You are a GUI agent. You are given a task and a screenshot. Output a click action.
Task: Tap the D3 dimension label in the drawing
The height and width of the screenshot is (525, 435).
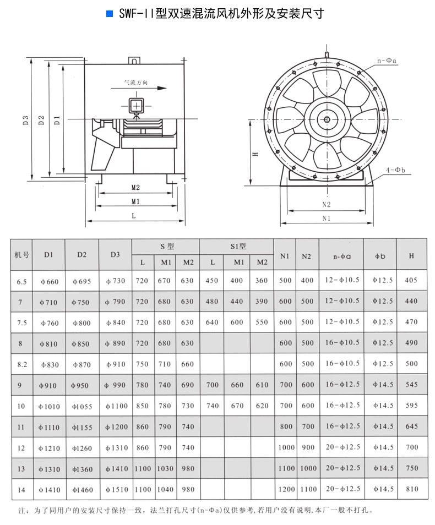pyautogui.click(x=25, y=119)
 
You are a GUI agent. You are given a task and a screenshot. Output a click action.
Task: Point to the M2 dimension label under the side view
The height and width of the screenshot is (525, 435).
pyautogui.click(x=135, y=187)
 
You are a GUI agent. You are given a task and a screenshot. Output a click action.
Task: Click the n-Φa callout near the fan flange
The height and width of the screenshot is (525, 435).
pyautogui.click(x=388, y=61)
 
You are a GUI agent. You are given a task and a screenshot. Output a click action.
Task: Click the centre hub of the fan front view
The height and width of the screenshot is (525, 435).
pyautogui.click(x=327, y=119)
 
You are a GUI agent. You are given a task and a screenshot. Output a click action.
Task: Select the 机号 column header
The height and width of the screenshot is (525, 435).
pyautogui.click(x=21, y=255)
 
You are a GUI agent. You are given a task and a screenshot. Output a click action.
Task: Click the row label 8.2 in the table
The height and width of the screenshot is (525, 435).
pyautogui.click(x=21, y=364)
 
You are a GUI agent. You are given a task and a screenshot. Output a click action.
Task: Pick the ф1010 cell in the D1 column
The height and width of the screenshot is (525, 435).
pyautogui.click(x=49, y=406)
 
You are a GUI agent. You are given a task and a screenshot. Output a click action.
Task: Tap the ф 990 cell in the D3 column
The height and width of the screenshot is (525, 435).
pyautogui.click(x=116, y=385)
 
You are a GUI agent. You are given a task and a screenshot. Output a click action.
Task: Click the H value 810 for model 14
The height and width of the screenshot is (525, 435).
pyautogui.click(x=411, y=489)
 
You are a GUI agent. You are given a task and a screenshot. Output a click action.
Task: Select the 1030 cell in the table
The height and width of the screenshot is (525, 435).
pyautogui.click(x=165, y=468)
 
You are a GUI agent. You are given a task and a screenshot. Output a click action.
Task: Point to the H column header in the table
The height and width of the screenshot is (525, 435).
pyautogui.click(x=412, y=255)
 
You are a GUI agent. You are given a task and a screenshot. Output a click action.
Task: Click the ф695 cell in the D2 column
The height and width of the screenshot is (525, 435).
pyautogui.click(x=81, y=281)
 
